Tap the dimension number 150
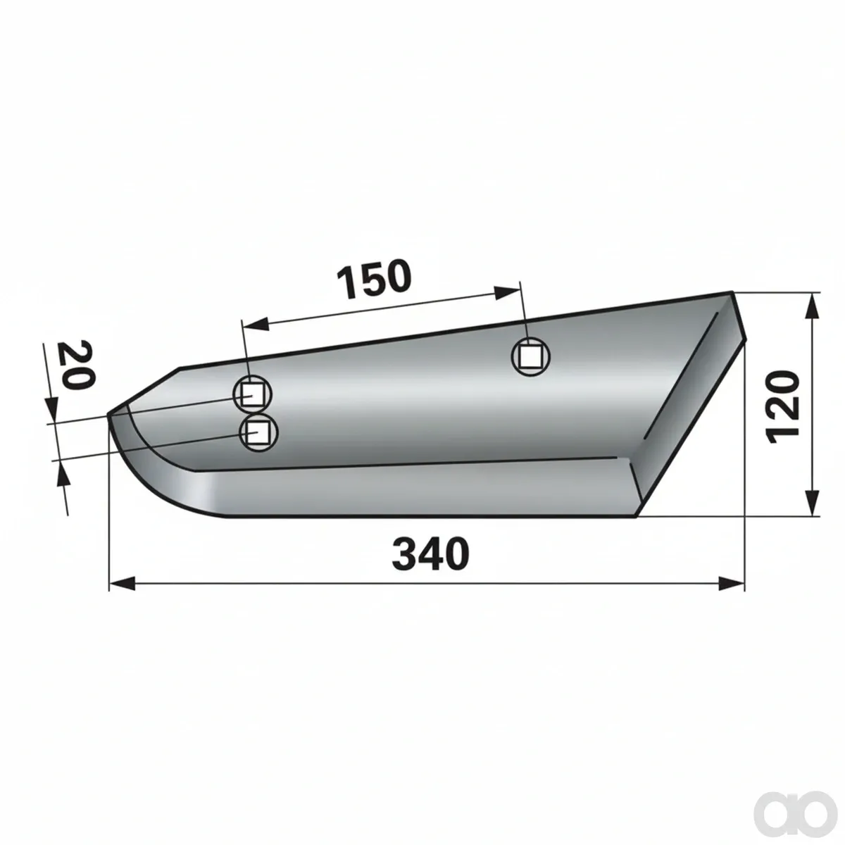click(x=374, y=278)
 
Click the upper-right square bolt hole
click(x=531, y=356)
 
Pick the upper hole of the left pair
click(x=252, y=396)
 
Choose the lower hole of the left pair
click(x=258, y=432)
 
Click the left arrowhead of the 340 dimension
click(x=122, y=584)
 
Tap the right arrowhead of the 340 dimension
click(x=732, y=584)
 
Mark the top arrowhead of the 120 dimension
click(x=812, y=306)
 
